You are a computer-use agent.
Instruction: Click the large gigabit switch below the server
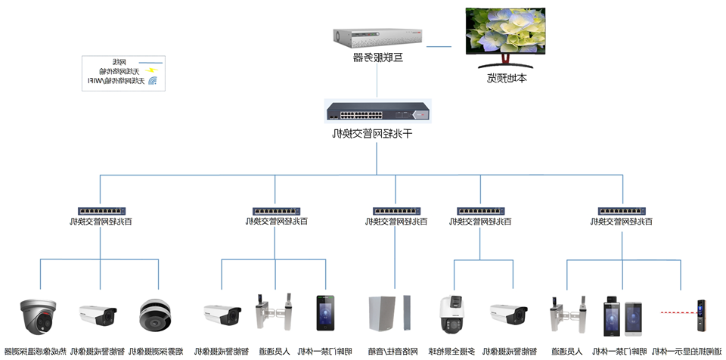pos(377,111)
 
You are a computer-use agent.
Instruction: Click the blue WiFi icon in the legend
pos(151,79)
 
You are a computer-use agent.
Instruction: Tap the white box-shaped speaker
pos(381,314)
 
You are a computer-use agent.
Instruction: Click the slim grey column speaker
pos(407,314)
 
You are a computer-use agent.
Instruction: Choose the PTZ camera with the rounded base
pos(455,315)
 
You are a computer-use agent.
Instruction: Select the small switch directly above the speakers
pos(395,212)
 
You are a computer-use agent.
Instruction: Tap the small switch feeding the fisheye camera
pos(101,212)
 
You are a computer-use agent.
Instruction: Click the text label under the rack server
pos(377,57)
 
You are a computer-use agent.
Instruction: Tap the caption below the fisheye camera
pos(158,352)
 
